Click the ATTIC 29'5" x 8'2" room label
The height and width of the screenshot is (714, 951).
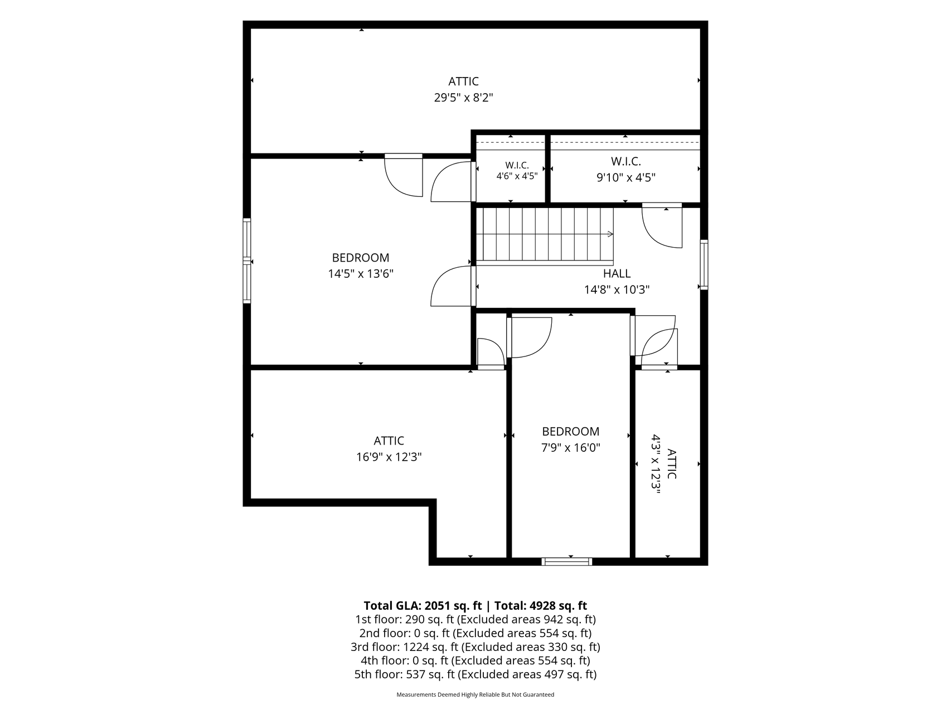(463, 90)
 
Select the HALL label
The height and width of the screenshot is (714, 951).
(617, 273)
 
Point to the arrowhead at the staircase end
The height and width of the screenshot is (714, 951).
(610, 234)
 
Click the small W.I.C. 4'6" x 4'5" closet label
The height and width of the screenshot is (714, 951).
(517, 171)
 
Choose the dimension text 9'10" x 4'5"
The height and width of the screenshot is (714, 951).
(625, 178)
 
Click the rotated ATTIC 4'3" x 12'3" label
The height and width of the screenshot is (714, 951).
(663, 464)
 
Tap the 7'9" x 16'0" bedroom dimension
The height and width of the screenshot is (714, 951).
(570, 447)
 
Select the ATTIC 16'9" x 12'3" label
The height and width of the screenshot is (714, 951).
(389, 449)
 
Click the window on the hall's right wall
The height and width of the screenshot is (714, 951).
(704, 264)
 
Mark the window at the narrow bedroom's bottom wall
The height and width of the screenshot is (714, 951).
(567, 561)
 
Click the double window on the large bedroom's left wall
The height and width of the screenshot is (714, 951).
(246, 260)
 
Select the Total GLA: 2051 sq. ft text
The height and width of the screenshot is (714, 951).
(422, 606)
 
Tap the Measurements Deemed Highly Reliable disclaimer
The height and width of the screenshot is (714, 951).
(475, 695)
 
